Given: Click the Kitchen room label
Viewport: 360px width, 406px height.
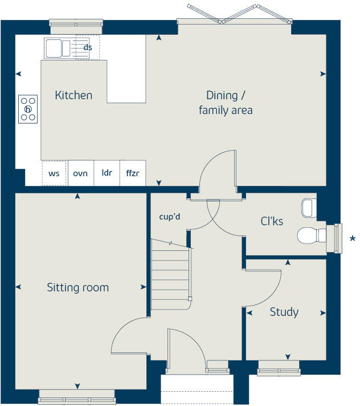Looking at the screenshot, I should (x=73, y=95).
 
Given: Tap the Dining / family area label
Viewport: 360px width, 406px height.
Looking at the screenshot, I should (x=226, y=103).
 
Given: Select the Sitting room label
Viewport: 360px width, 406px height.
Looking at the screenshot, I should (x=77, y=287).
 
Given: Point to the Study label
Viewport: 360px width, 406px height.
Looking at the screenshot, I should (x=284, y=312).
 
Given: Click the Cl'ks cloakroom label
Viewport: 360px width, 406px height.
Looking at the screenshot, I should (x=272, y=221).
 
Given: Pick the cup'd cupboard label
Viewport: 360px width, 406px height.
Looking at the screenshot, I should (x=170, y=217).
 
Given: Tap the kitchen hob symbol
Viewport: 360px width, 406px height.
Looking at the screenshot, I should (x=28, y=108).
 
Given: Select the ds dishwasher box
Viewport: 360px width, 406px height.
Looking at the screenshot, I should (x=88, y=47).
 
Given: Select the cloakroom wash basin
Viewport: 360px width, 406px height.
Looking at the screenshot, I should (x=309, y=208).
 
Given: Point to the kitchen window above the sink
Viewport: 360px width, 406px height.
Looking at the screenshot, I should (x=76, y=23).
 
